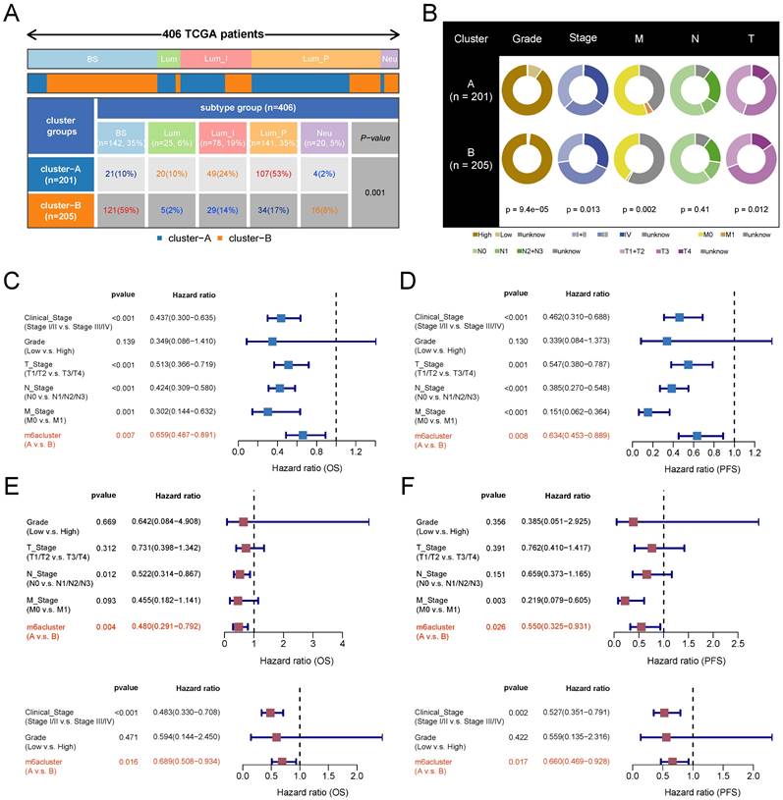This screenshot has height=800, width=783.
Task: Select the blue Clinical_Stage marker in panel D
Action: (679, 317)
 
